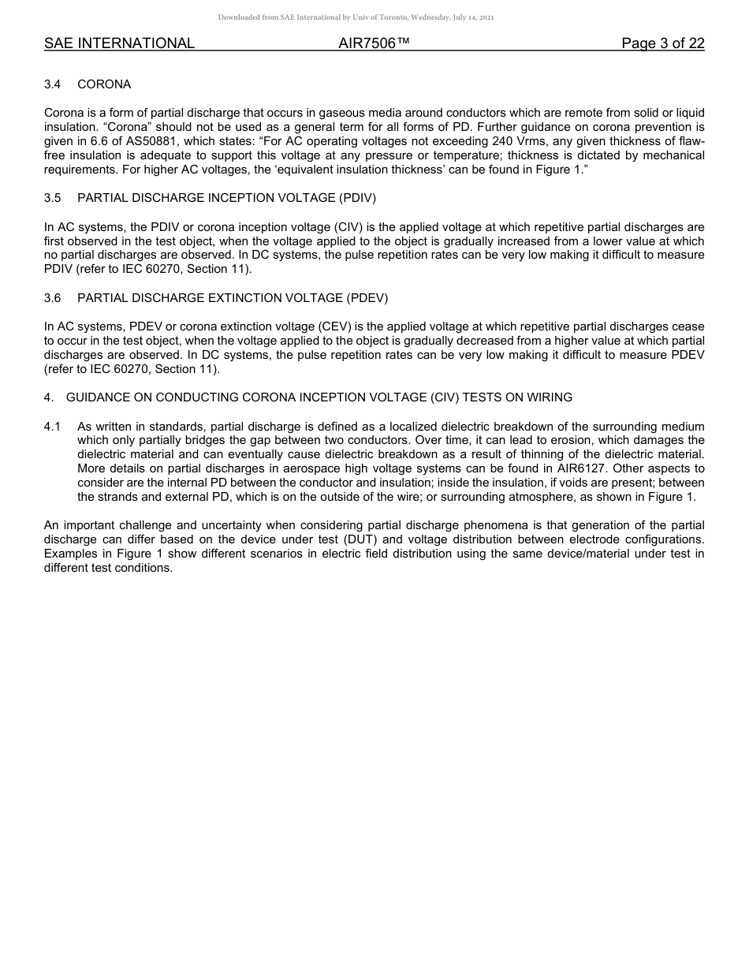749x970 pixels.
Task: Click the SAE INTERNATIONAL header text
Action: click(x=119, y=43)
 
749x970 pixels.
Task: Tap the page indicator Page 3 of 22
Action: click(x=662, y=43)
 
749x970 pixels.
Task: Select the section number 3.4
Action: click(x=53, y=84)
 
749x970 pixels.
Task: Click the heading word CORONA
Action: click(x=104, y=84)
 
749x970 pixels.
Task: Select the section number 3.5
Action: click(x=53, y=198)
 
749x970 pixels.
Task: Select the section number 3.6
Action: click(x=53, y=298)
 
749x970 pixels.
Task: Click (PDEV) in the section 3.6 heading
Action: click(x=367, y=298)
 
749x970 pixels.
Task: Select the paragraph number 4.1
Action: click(x=53, y=427)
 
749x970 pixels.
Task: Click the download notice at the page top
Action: click(x=356, y=17)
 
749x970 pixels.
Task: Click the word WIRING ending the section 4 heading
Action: click(x=549, y=397)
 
